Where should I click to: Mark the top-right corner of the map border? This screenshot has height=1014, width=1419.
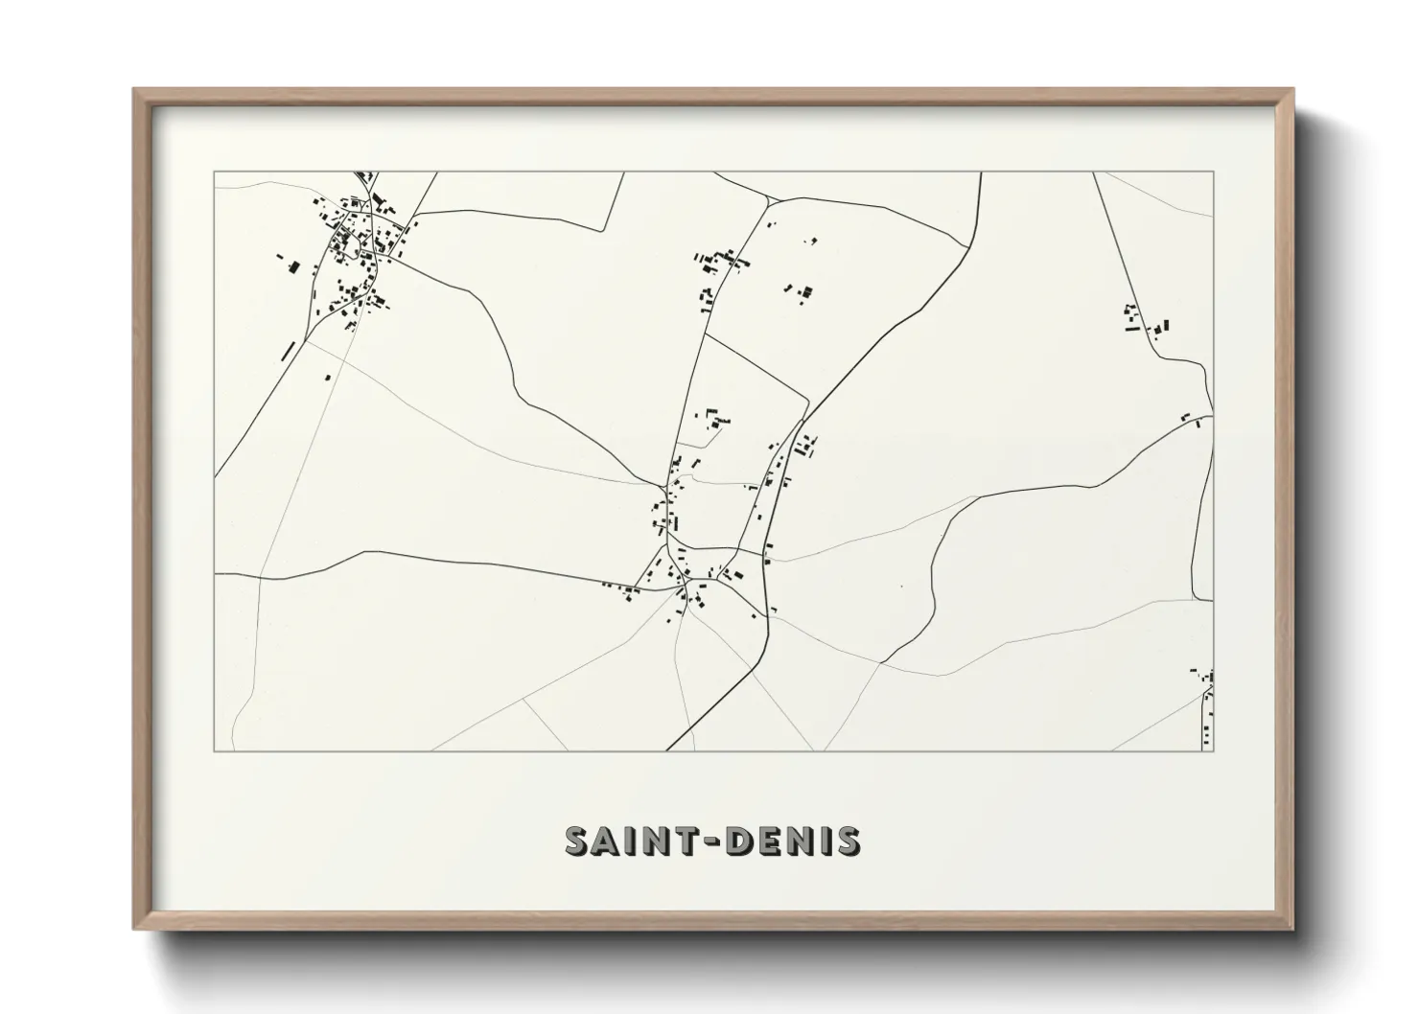pos(1213,173)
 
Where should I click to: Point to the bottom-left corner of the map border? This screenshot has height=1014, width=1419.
pos(215,750)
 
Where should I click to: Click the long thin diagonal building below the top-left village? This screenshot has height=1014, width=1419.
pos(287,350)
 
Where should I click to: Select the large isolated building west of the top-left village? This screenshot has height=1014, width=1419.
pos(294,267)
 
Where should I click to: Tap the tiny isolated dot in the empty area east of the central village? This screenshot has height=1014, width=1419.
pos(901,587)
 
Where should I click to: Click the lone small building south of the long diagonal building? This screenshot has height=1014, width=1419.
pos(327,378)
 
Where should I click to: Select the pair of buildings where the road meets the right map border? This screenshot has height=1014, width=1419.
pos(1193,419)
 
